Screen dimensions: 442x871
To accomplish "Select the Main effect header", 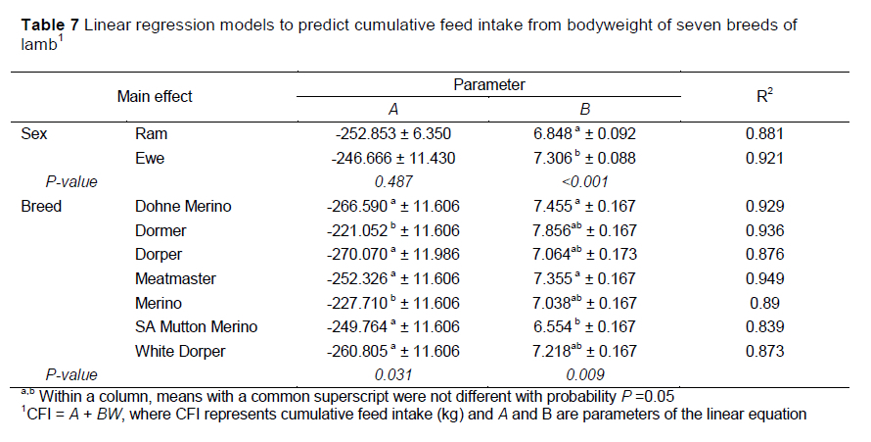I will tap(155, 96).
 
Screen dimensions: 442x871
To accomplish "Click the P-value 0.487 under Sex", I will tap(390, 181).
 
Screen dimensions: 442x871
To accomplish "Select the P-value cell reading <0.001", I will tap(585, 181).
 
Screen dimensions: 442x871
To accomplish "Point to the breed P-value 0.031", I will tap(390, 374).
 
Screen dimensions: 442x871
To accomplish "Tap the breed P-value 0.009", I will tap(585, 374).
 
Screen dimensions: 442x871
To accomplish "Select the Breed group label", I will tap(41, 206).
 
